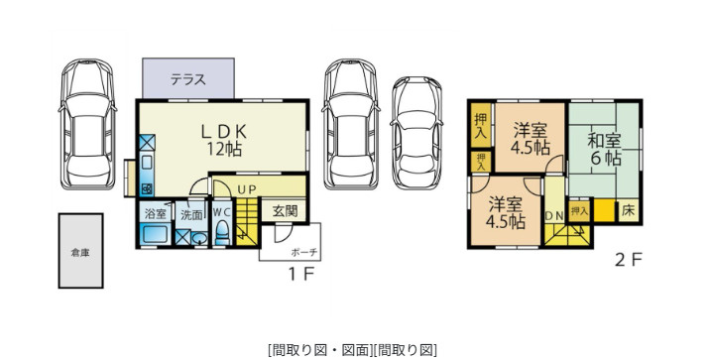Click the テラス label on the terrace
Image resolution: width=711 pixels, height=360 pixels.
187,80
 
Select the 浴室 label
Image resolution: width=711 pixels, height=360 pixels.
156,213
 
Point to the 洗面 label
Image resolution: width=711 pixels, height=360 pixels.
191,213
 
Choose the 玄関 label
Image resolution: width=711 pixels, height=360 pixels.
285,210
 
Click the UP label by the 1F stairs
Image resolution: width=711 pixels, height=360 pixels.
247,188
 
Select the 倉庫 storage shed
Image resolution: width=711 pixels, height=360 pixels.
80,252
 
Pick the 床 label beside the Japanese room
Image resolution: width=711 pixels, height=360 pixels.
628,210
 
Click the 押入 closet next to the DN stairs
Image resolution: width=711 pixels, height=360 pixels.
580,210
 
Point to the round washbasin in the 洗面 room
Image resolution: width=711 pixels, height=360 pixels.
198,238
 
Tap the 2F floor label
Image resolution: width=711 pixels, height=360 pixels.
629,261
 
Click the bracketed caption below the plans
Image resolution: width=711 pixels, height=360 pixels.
353,349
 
